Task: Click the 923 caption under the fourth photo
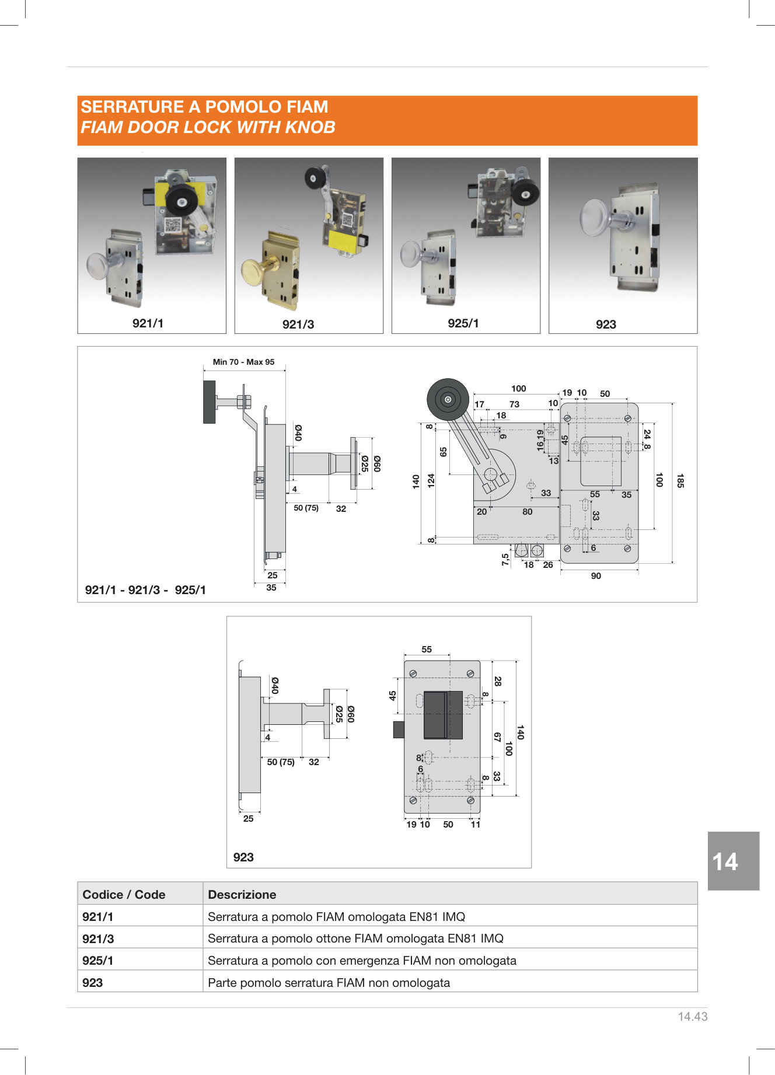coord(606,324)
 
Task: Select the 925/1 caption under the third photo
coord(463,323)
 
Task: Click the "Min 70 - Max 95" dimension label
coord(243,362)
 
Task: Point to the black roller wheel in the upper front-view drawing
coord(448,400)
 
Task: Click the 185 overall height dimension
coord(680,481)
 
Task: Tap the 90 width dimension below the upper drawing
coord(596,576)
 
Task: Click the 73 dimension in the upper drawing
coord(514,404)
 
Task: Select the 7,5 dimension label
coord(505,560)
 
